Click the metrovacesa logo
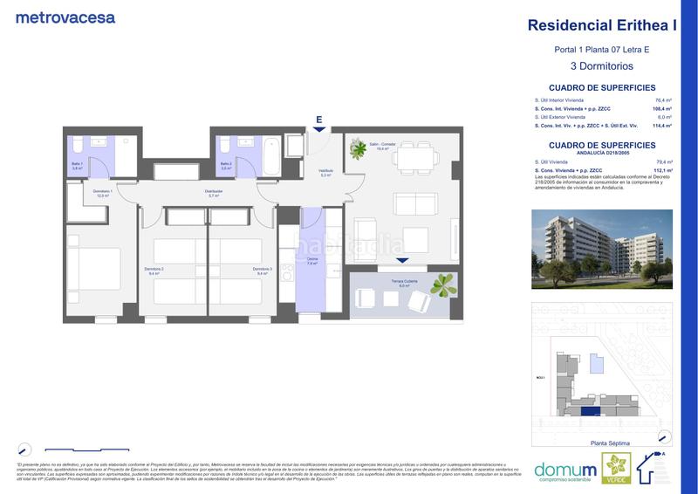point(65,17)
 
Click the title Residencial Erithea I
point(603,25)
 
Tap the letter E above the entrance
point(319,120)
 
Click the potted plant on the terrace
point(444,284)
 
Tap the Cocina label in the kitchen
point(311,258)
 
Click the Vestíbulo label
point(325,173)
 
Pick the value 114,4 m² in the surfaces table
point(661,127)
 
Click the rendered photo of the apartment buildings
point(602,249)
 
